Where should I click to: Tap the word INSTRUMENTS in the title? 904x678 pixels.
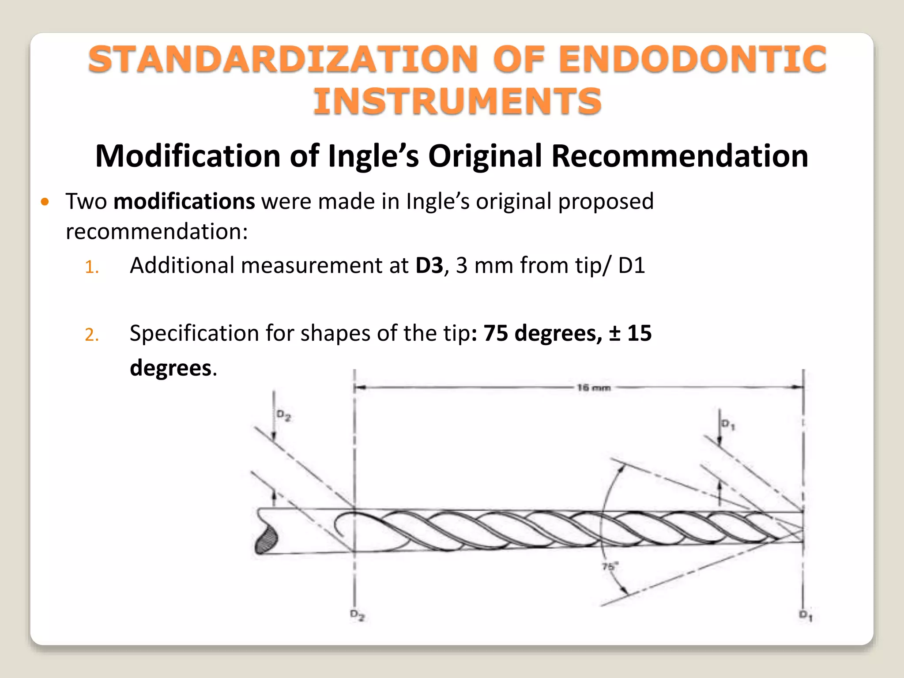click(457, 101)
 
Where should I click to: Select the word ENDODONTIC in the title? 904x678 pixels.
click(693, 59)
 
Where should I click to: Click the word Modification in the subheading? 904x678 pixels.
click(188, 156)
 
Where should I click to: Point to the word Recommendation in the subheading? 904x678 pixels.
click(680, 156)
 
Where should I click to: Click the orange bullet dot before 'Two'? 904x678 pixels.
click(45, 202)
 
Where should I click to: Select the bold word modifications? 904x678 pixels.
click(184, 201)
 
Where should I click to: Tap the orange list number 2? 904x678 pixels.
click(91, 335)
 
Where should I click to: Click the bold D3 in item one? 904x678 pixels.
click(429, 266)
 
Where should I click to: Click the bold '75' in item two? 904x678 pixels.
click(496, 333)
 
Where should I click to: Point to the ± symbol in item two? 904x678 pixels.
click(615, 333)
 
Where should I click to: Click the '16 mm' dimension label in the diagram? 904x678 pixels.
click(594, 388)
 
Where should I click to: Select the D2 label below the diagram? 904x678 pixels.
click(357, 615)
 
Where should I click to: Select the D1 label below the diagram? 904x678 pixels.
click(806, 615)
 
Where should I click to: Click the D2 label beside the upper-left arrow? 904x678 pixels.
click(284, 415)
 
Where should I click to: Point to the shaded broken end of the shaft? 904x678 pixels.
click(266, 539)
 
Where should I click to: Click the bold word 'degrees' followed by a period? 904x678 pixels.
click(170, 368)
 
